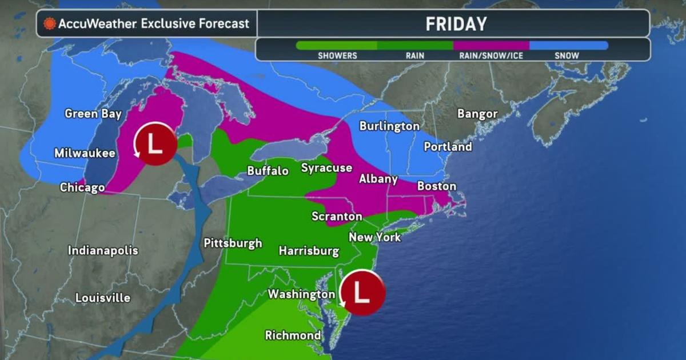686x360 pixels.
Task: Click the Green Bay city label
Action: (93, 114)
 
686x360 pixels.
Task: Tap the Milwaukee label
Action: (85, 153)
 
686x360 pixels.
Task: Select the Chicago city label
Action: (82, 187)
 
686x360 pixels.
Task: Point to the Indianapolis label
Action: (103, 250)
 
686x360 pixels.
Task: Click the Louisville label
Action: (103, 298)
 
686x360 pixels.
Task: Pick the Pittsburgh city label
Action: (233, 243)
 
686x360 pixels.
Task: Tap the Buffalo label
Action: (268, 170)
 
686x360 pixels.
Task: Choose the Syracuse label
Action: (326, 168)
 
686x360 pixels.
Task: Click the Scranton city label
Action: (337, 217)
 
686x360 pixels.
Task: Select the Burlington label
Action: (389, 126)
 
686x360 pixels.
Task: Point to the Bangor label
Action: (477, 114)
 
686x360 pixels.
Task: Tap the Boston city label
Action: (437, 186)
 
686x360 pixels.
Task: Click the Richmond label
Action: (293, 335)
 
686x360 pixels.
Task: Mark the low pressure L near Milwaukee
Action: (155, 143)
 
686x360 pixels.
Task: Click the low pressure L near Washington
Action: (361, 291)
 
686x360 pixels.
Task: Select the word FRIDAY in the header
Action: (456, 24)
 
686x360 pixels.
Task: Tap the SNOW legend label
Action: (567, 55)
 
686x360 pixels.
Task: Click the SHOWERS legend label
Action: (337, 55)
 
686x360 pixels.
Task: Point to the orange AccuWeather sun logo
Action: (50, 24)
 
